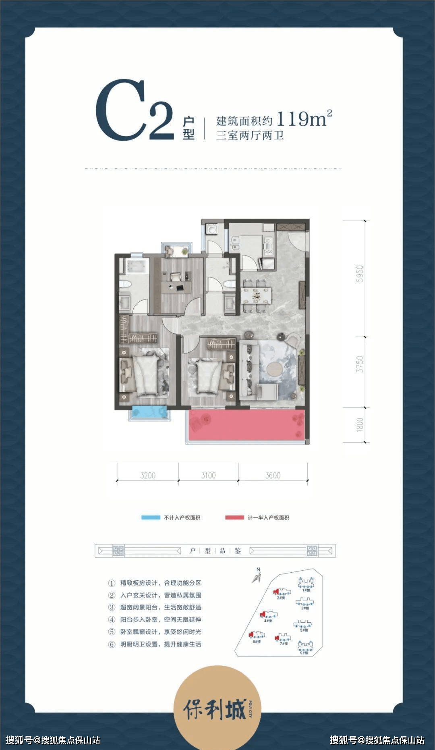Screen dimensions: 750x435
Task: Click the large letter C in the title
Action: click(x=120, y=110)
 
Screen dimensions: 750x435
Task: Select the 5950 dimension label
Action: click(x=360, y=274)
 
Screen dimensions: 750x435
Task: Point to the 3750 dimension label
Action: click(x=360, y=364)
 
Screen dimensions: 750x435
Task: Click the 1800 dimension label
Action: click(x=360, y=425)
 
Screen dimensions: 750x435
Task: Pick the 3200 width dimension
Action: click(x=148, y=476)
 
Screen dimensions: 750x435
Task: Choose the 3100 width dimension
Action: click(x=209, y=476)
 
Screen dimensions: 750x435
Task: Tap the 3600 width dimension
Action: click(x=273, y=476)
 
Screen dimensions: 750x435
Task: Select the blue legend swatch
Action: click(x=151, y=517)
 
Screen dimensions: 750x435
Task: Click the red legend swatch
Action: click(x=234, y=517)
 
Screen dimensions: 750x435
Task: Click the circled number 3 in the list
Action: click(x=112, y=608)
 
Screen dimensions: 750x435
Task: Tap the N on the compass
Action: click(x=258, y=569)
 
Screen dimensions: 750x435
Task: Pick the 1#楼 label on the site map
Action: click(x=306, y=590)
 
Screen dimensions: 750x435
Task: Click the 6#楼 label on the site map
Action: click(x=257, y=641)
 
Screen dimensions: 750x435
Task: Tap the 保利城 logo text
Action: click(x=215, y=710)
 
